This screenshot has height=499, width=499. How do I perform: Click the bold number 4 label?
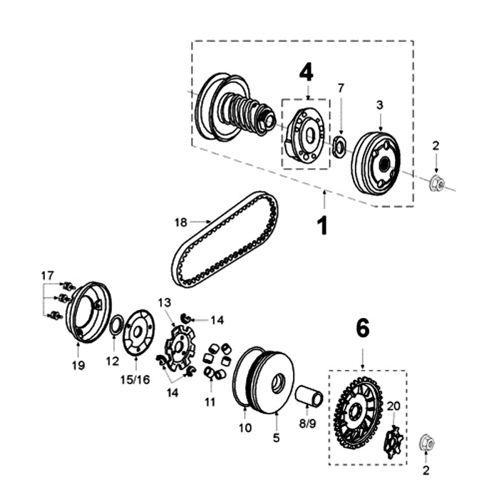306,72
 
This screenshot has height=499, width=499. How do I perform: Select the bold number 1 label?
322,225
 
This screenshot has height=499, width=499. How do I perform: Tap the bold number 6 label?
363,329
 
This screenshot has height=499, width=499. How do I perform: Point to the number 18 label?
181,222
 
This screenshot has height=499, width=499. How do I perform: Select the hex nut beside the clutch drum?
436,185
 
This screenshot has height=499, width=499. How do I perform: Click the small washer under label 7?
340,147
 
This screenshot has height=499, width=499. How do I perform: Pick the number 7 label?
341,88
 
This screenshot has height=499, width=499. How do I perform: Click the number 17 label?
47,275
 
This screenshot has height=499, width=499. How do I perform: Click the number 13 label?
165,302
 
